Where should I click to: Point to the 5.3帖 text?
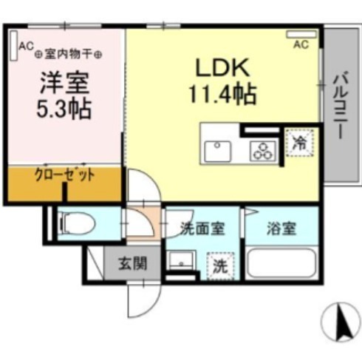click(64, 109)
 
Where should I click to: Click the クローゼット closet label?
click(64, 176)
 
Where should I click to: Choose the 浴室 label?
click(281, 228)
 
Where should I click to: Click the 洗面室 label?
click(202, 228)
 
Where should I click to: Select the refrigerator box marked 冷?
click(299, 141)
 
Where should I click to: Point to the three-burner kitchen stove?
click(262, 150)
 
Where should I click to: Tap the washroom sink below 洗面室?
click(180, 262)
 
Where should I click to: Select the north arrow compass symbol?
click(341, 322)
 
